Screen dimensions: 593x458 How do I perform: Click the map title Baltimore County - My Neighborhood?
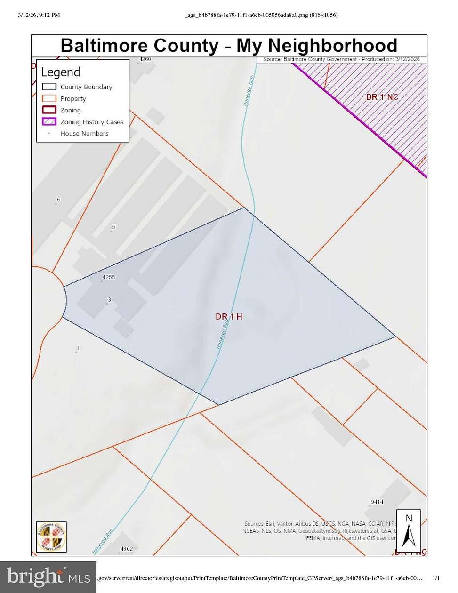click(229, 46)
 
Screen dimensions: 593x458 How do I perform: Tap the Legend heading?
click(61, 72)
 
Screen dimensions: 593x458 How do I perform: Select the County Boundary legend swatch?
click(49, 87)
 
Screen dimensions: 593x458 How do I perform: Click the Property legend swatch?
click(49, 99)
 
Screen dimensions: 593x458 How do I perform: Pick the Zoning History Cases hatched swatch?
click(49, 122)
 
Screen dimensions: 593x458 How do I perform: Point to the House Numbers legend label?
click(84, 134)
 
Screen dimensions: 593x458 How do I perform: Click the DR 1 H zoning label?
click(229, 317)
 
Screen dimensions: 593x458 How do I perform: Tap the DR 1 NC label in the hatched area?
click(382, 97)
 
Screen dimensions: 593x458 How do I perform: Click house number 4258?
click(109, 277)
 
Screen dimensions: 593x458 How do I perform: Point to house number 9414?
click(377, 502)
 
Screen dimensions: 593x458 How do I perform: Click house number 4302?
click(127, 549)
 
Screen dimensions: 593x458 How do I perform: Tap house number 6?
click(59, 200)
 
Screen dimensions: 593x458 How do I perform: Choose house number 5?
click(113, 227)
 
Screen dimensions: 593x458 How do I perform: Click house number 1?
click(79, 349)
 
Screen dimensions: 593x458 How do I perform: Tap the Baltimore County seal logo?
click(51, 537)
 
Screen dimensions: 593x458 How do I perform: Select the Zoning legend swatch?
click(49, 110)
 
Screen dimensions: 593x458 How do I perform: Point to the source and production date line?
click(341, 59)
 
